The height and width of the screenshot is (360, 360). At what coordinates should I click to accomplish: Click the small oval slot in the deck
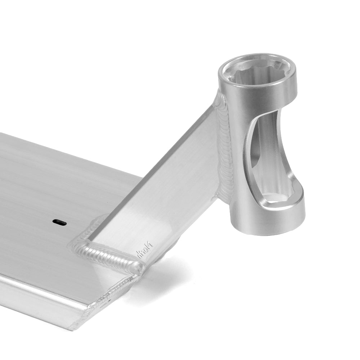pos(59,222)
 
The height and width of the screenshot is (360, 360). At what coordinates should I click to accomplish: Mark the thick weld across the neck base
pos(108,255)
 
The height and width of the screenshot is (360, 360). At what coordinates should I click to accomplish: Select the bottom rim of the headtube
pos(268,225)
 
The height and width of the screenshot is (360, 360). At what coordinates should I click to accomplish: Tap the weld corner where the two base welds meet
pos(139,268)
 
